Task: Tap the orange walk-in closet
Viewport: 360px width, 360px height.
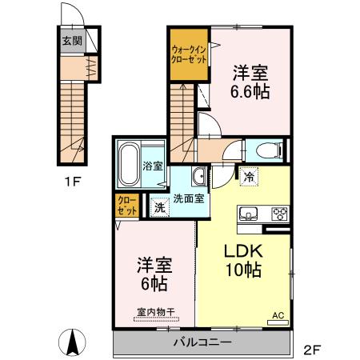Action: (x=186, y=56)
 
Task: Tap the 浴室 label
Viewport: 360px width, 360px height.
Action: (x=154, y=167)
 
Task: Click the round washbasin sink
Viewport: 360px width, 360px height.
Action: (x=198, y=177)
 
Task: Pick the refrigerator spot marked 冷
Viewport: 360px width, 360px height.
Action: (x=250, y=177)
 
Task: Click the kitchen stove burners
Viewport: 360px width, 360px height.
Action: (x=280, y=214)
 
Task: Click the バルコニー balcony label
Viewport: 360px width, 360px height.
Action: (x=202, y=343)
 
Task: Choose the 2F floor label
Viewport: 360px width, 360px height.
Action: (x=312, y=350)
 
